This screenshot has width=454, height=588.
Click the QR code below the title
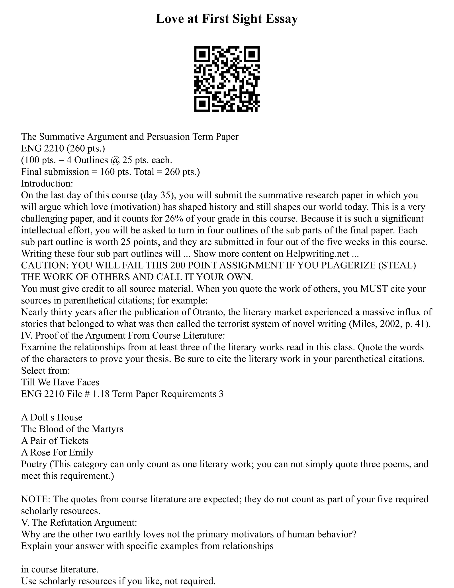coord(227,79)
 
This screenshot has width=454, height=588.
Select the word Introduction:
coord(47,184)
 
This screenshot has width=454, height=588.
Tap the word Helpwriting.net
coord(317,254)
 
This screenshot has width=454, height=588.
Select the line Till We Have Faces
coord(60,382)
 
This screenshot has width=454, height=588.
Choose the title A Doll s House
coord(52,417)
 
